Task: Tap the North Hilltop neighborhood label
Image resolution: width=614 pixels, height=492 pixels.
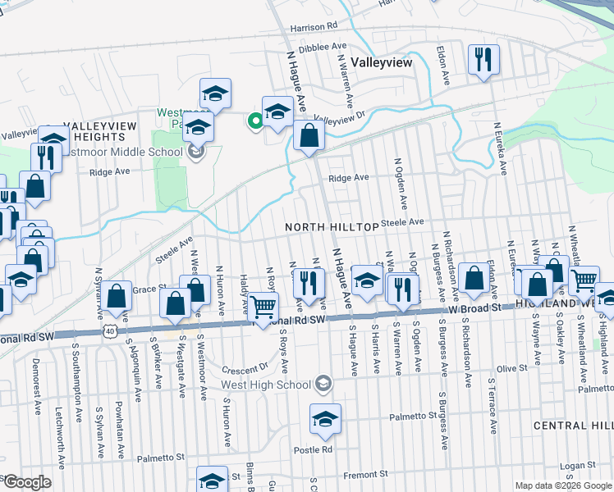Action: click(x=332, y=226)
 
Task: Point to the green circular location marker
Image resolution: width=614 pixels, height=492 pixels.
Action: click(x=255, y=123)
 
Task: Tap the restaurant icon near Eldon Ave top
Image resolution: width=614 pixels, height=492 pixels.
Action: click(x=482, y=59)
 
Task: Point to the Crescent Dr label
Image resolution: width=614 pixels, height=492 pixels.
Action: click(x=251, y=367)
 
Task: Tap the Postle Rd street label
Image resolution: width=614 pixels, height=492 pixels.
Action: click(x=316, y=449)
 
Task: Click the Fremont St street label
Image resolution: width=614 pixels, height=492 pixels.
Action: click(x=360, y=475)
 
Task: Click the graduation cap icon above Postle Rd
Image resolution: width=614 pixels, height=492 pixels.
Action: click(x=324, y=420)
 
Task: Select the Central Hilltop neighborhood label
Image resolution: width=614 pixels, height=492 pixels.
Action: click(x=572, y=426)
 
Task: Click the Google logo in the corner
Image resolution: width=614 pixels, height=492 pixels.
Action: click(x=27, y=482)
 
